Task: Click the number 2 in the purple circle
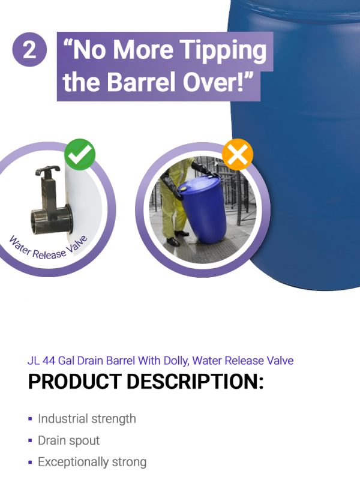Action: tap(29, 50)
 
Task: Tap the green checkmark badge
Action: tap(80, 154)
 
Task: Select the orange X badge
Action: tap(238, 154)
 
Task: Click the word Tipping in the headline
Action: tap(223, 50)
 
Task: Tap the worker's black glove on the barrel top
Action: tap(202, 169)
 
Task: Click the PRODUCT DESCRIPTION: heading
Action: tap(146, 382)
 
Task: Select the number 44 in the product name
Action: tap(49, 361)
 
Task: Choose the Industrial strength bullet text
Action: tap(87, 419)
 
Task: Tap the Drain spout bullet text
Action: tap(69, 441)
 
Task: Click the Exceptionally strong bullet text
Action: tap(92, 462)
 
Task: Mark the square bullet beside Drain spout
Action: tap(30, 441)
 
